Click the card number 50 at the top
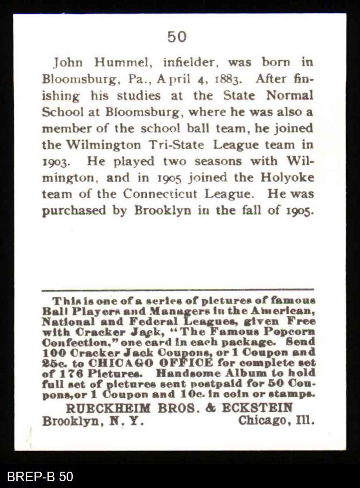(x=177, y=36)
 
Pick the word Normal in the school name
(x=289, y=95)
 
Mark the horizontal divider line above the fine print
(x=177, y=290)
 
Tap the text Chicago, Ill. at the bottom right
(x=277, y=421)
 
